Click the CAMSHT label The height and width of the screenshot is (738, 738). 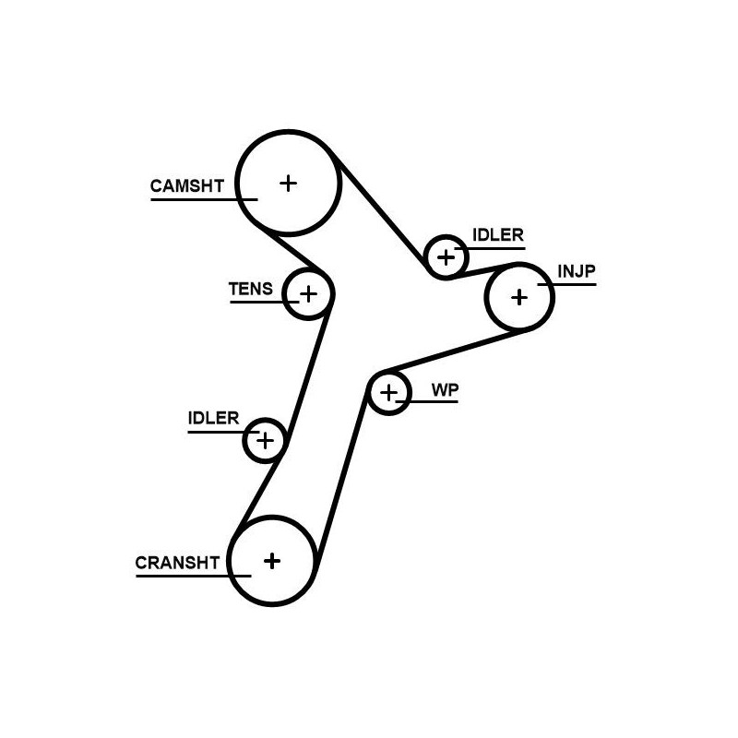tap(186, 185)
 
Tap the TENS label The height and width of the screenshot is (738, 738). tap(250, 289)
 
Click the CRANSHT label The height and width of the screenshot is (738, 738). tap(177, 562)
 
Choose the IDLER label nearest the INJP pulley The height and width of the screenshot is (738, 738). tap(497, 234)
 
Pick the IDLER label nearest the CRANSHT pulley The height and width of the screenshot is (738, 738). tap(213, 418)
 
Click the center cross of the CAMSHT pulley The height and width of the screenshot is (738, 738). tap(289, 183)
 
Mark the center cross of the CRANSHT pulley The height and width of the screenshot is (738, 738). tap(271, 560)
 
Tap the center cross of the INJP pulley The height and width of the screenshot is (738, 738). tap(519, 297)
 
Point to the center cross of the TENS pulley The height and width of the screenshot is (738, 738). tap(308, 294)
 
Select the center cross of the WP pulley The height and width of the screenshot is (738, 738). tap(389, 393)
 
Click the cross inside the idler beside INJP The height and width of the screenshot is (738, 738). tap(446, 256)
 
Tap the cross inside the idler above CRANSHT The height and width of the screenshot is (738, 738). tap(265, 440)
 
